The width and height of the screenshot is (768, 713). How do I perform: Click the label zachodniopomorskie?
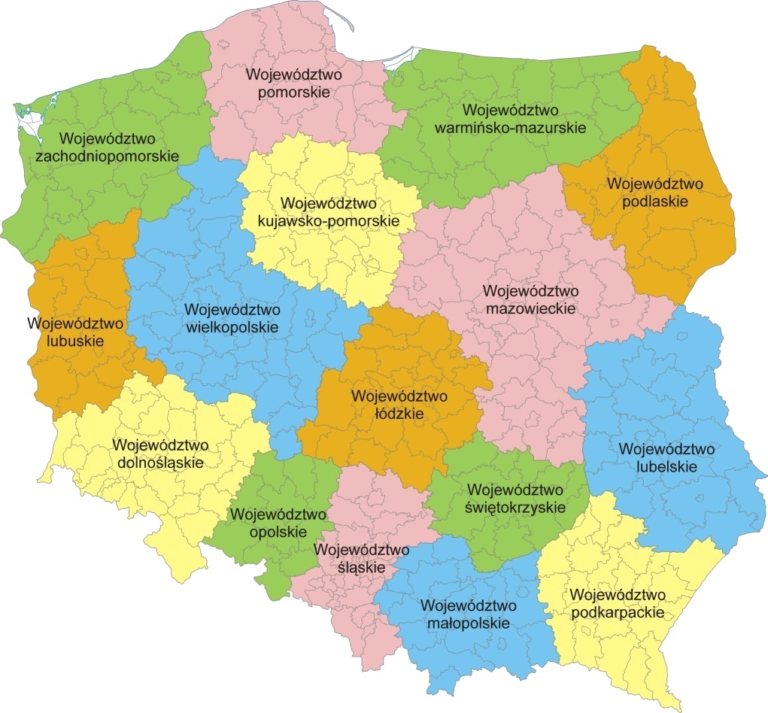click(x=107, y=157)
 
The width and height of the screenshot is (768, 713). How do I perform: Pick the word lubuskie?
click(x=74, y=341)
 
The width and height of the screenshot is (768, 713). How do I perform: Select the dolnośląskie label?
click(x=161, y=462)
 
